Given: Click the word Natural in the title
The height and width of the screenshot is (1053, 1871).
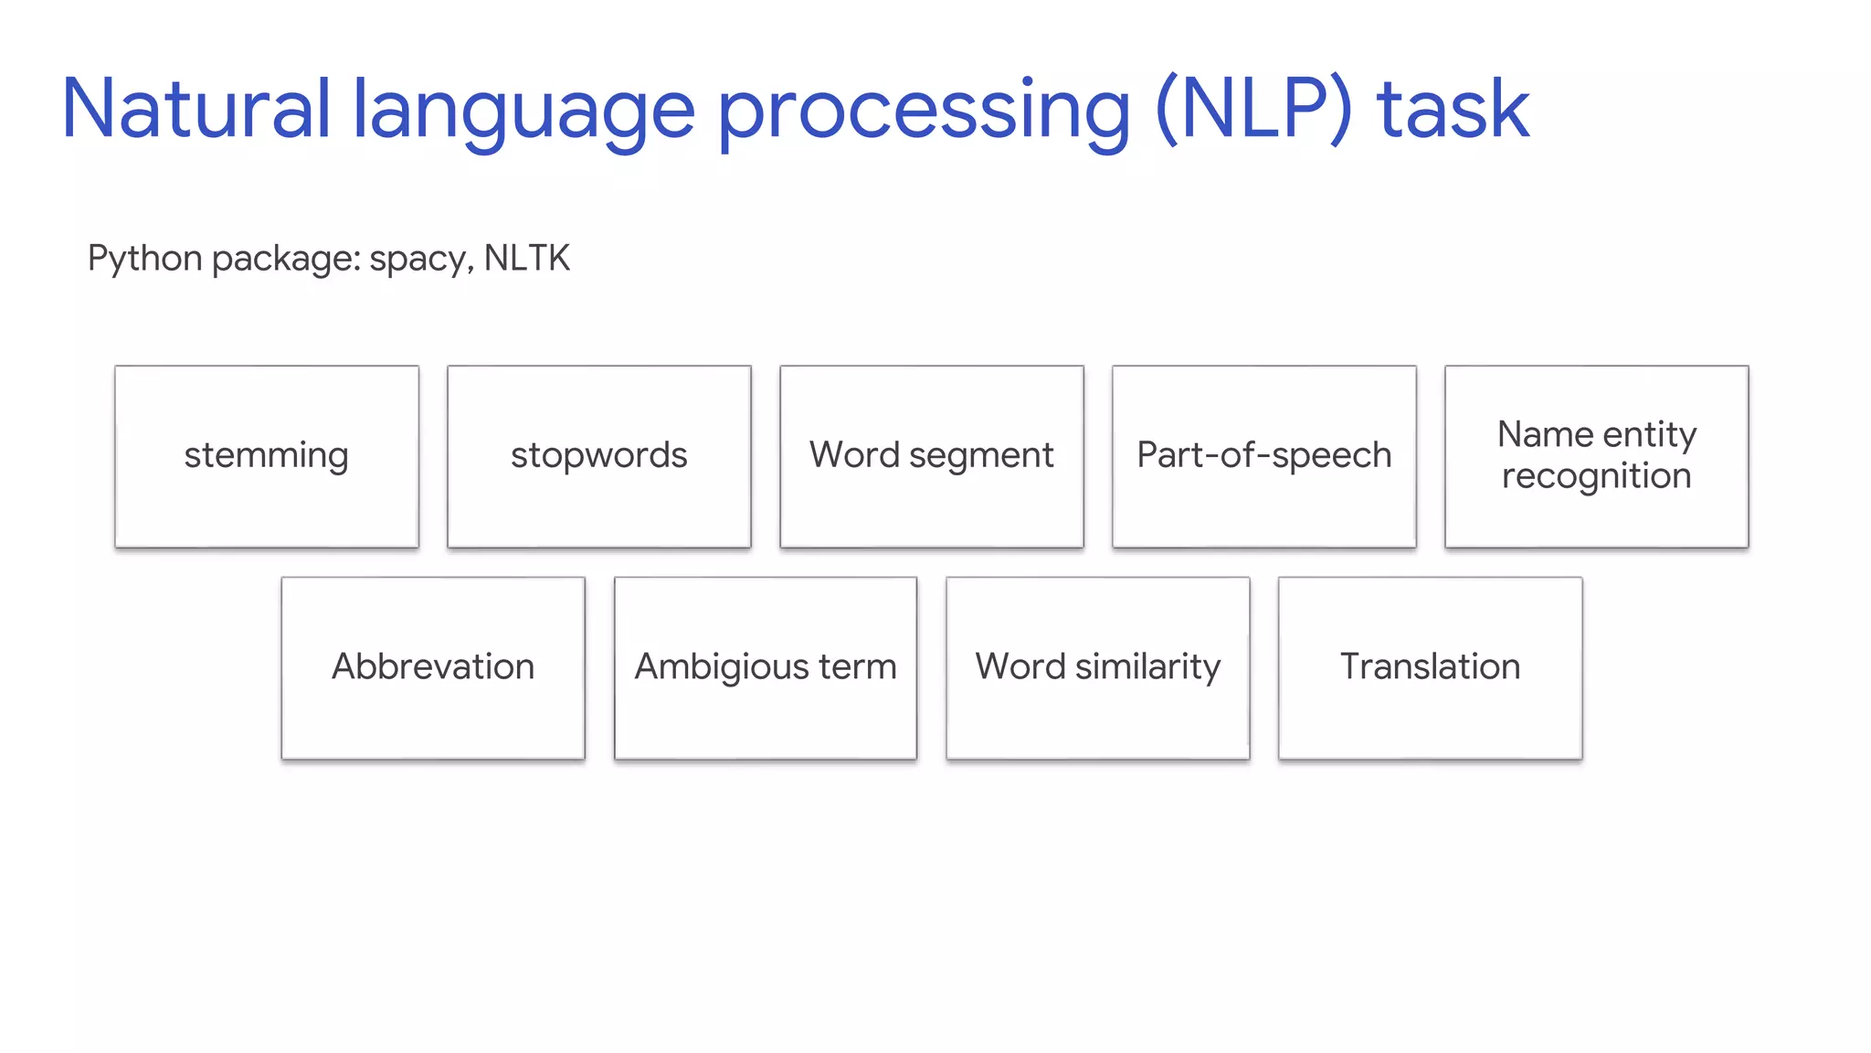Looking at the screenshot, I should [x=196, y=110].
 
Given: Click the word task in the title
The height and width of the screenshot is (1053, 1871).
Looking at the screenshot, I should [x=1453, y=110].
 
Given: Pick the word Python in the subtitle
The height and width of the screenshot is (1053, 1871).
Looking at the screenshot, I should [x=144, y=259].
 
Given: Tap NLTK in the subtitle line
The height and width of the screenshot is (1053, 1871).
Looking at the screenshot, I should [x=527, y=258].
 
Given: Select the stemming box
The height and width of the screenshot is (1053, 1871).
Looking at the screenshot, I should [x=267, y=456].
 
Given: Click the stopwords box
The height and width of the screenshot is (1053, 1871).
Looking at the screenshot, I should [x=599, y=456].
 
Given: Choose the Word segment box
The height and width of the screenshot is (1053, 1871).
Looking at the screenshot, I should [x=932, y=456].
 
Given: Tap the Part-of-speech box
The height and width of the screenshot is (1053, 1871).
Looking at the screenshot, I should [x=1264, y=456].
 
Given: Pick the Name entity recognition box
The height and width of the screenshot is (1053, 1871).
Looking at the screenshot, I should [x=1597, y=456].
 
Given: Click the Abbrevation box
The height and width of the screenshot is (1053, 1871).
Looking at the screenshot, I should [x=433, y=667].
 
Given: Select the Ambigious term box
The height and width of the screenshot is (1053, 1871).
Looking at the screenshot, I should [x=766, y=667].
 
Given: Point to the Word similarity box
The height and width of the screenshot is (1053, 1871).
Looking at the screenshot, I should [x=1098, y=667].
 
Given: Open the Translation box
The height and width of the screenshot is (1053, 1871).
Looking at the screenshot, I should [x=1431, y=667].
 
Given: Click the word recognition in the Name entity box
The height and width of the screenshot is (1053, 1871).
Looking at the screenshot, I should [x=1597, y=476].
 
